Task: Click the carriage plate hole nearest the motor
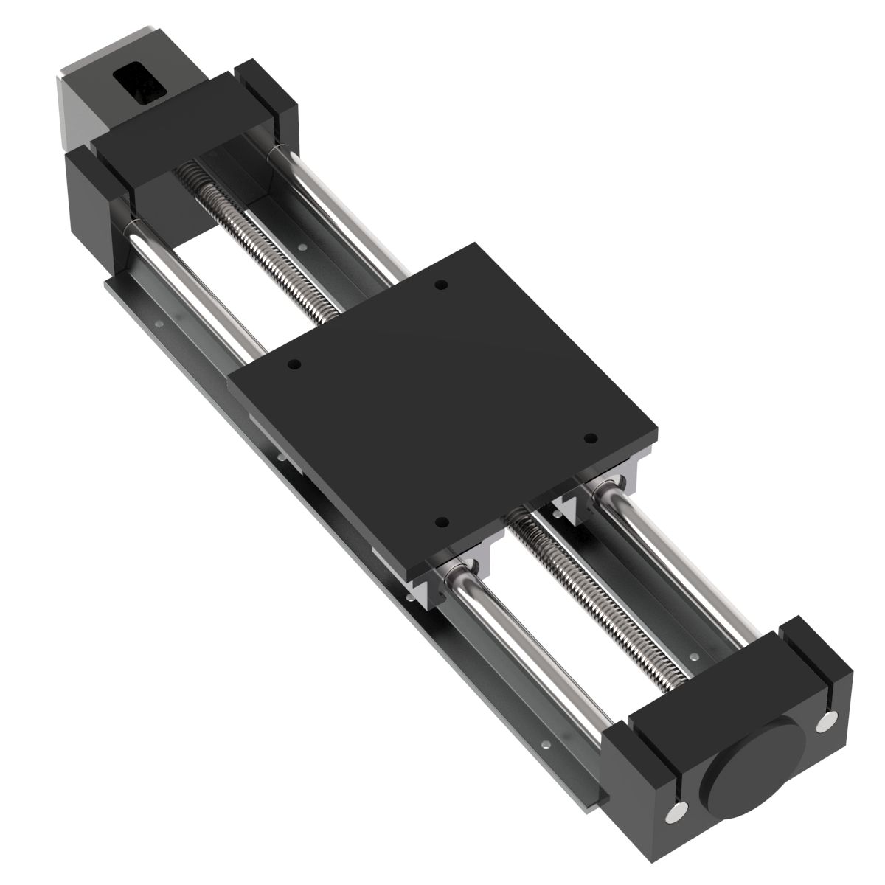pyautogui.click(x=440, y=285)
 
